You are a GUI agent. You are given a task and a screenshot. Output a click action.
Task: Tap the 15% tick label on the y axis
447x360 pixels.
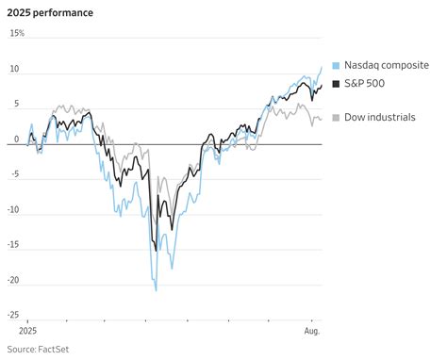point(18,34)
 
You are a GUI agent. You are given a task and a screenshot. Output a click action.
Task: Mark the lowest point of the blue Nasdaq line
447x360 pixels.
point(156,290)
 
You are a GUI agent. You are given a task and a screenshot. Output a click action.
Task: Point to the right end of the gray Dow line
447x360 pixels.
point(321,119)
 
